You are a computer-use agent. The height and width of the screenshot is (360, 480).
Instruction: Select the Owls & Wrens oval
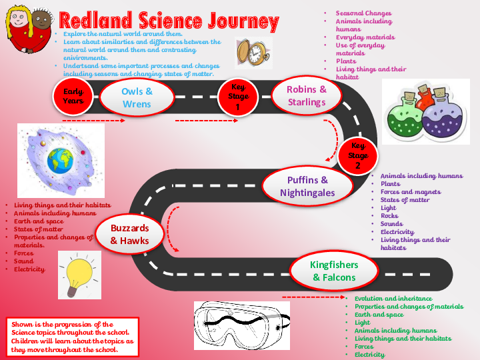pos(137,97)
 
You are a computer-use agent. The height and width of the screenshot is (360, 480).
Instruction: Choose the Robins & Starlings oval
pos(307,95)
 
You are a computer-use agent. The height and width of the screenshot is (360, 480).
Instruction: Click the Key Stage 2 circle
pos(358,155)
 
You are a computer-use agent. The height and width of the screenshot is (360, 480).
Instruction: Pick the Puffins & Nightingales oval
pos(307,187)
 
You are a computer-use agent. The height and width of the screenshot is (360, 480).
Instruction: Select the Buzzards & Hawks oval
pos(130,233)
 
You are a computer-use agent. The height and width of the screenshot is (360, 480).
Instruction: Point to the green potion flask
pos(406,114)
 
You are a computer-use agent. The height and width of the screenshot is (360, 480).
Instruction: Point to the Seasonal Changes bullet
pos(363,13)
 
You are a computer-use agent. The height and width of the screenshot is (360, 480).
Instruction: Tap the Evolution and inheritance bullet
pos(393,299)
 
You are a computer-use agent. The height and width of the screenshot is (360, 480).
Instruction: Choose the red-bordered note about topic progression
pos(73,336)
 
